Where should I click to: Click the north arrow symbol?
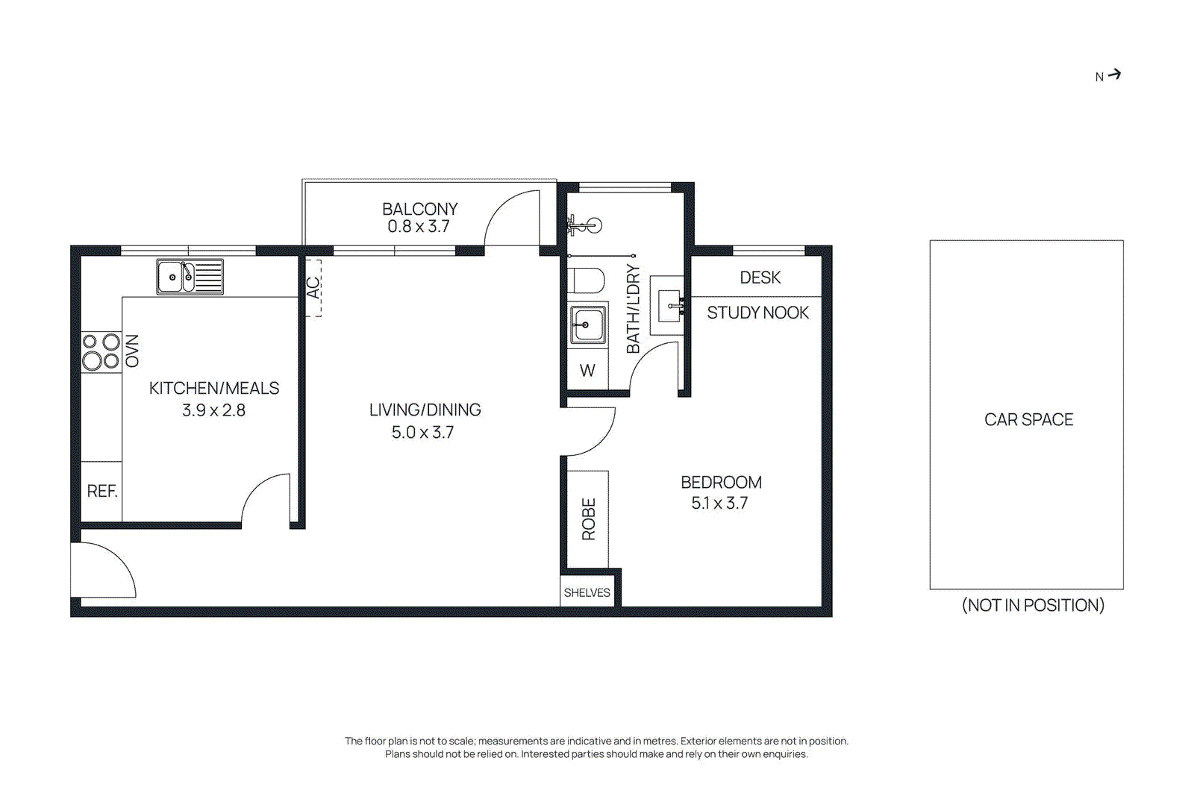(1113, 75)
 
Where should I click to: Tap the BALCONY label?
(419, 209)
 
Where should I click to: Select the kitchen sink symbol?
(190, 277)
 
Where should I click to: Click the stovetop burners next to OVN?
(101, 351)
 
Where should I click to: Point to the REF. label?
(102, 491)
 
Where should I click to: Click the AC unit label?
(313, 287)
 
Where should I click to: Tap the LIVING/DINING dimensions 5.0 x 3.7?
(422, 432)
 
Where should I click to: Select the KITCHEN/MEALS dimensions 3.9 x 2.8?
(213, 410)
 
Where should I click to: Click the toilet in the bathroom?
(587, 281)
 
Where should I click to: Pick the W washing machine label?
(587, 370)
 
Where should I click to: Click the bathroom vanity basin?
(669, 306)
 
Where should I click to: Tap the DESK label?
(760, 278)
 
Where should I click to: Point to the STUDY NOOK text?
(757, 313)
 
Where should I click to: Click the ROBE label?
(589, 518)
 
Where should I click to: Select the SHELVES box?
(587, 592)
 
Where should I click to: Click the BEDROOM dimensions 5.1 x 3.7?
(719, 503)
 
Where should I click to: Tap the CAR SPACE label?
(1028, 419)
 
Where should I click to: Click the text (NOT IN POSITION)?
(1033, 605)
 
